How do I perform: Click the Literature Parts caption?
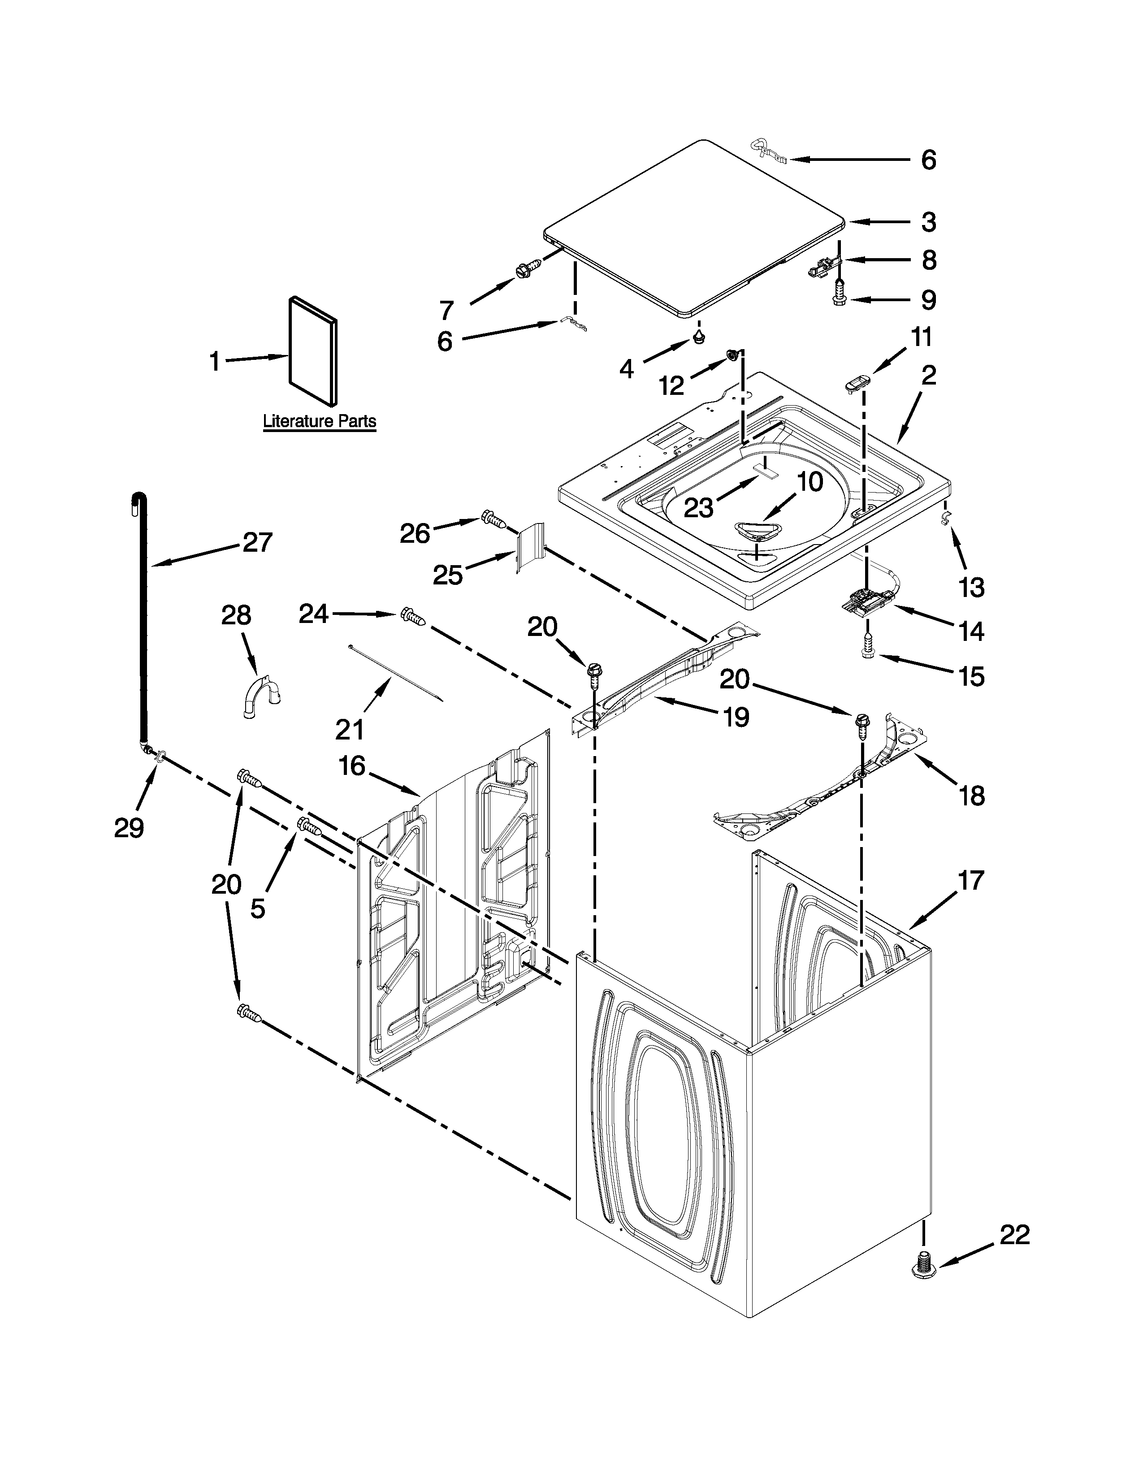pyautogui.click(x=319, y=421)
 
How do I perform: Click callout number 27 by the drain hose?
pyautogui.click(x=257, y=542)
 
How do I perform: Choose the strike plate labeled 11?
pyautogui.click(x=856, y=385)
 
